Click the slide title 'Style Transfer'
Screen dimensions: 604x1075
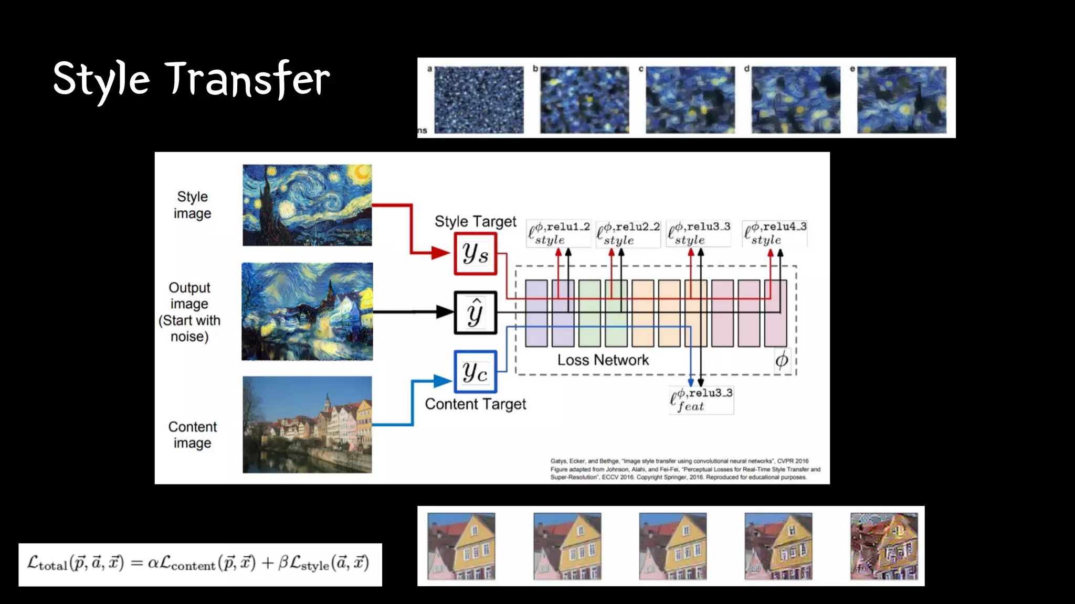[192, 80]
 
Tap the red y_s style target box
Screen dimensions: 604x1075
[475, 254]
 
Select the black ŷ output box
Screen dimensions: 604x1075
[475, 312]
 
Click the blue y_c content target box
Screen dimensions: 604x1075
[475, 372]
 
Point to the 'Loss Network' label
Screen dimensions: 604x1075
[603, 360]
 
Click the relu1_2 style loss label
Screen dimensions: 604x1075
[558, 233]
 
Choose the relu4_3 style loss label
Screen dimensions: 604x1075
[775, 233]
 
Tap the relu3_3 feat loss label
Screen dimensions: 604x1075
[701, 400]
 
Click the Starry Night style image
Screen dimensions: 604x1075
[307, 205]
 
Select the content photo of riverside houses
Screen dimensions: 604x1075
[307, 424]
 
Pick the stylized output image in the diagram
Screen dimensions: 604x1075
[307, 311]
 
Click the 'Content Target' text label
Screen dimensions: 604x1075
[475, 404]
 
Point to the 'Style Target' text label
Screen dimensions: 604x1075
[475, 222]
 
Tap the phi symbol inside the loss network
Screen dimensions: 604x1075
[782, 361]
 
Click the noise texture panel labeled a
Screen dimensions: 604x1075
[479, 100]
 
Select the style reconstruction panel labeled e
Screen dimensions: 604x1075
[901, 100]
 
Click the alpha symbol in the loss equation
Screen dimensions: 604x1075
[153, 564]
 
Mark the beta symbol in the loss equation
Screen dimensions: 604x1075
[283, 564]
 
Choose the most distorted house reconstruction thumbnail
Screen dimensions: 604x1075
[884, 546]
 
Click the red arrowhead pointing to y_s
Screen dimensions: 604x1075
[440, 254]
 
